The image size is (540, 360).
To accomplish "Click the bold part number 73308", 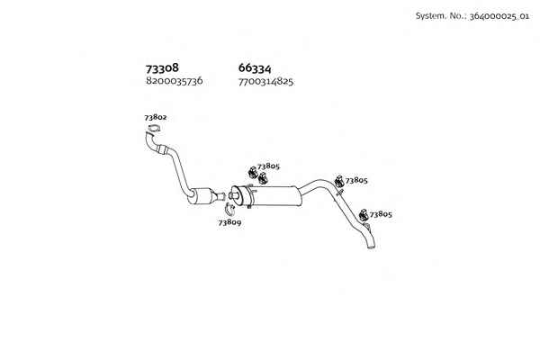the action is [x=162, y=68].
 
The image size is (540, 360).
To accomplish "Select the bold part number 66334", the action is [x=255, y=68].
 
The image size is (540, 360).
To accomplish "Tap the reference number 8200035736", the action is [x=175, y=81].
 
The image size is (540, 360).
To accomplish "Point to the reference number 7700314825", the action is [x=265, y=82].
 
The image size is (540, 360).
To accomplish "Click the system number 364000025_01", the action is [x=499, y=16].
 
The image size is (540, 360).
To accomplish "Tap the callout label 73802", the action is [x=156, y=118].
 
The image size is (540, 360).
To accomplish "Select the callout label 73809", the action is [x=229, y=222].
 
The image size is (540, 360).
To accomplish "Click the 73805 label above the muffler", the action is [x=268, y=166].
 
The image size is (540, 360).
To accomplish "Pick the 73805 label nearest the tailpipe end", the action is [x=381, y=214].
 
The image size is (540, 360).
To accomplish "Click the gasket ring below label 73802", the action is [x=154, y=130].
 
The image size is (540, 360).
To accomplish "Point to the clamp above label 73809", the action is [x=229, y=209].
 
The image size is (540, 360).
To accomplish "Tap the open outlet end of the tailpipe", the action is [x=371, y=247].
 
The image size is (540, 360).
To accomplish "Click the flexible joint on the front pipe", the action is [x=161, y=149].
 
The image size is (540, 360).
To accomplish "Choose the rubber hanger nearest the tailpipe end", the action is [x=363, y=215].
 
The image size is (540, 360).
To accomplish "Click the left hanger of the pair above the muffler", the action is [x=253, y=172].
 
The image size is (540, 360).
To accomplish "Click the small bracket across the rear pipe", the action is [x=339, y=192].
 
